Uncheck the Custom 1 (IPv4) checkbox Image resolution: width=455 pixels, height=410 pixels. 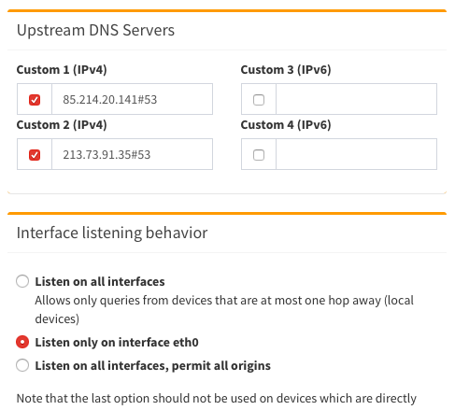pyautogui.click(x=35, y=100)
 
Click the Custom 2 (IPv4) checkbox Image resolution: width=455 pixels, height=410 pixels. pyautogui.click(x=35, y=155)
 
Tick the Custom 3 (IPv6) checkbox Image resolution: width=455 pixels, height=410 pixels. pyautogui.click(x=259, y=100)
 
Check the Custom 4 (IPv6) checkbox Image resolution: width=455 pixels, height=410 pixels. pyautogui.click(x=259, y=155)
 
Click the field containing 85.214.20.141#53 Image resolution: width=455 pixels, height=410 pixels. pyautogui.click(x=132, y=99)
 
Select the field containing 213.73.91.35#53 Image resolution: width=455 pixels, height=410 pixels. pyautogui.click(x=132, y=154)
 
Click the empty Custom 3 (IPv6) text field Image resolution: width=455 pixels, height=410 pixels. pyautogui.click(x=356, y=99)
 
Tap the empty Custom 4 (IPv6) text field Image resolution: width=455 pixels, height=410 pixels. pyautogui.click(x=356, y=154)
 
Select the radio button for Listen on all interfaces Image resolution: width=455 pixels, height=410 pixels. pyautogui.click(x=22, y=281)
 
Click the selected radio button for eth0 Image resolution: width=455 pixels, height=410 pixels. pyautogui.click(x=22, y=342)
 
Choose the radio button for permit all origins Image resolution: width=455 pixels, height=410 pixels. pyautogui.click(x=22, y=365)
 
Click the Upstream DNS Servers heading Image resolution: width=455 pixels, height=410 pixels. pyautogui.click(x=95, y=31)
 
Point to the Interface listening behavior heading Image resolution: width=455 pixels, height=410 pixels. pyautogui.click(x=112, y=233)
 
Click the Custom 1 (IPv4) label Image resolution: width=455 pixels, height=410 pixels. pyautogui.click(x=62, y=70)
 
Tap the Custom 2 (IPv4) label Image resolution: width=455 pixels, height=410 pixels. pyautogui.click(x=62, y=125)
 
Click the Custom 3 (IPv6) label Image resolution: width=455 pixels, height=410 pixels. pyautogui.click(x=286, y=70)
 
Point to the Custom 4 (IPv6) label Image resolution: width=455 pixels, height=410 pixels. pyautogui.click(x=286, y=125)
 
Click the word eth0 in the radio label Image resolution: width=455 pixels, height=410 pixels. pyautogui.click(x=186, y=342)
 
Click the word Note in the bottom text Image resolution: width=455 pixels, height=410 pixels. pyautogui.click(x=26, y=399)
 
